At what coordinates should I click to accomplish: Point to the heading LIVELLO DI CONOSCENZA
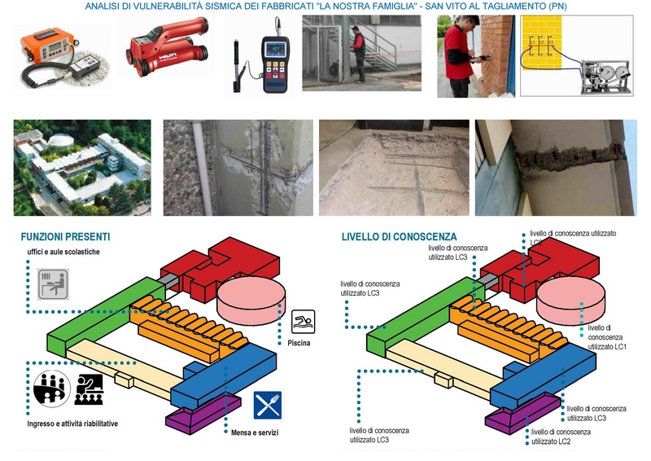pyautogui.click(x=400, y=237)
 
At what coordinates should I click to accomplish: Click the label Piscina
pyautogui.click(x=299, y=343)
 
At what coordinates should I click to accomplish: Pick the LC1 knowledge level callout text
pyautogui.click(x=605, y=337)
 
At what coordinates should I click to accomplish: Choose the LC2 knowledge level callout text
pyautogui.click(x=561, y=436)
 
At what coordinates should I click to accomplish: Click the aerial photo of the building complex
pyautogui.click(x=82, y=167)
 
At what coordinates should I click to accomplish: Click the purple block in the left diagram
pyautogui.click(x=203, y=411)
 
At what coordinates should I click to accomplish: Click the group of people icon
pyautogui.click(x=51, y=389)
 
